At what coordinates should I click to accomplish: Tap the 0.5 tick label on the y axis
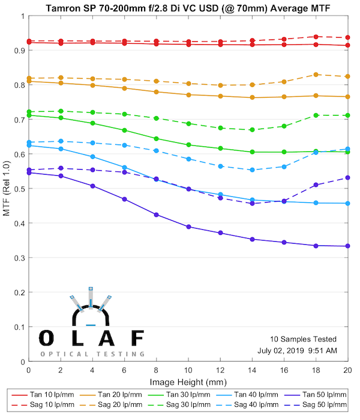coord(19,189)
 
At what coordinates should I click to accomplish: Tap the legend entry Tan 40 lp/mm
coord(256,394)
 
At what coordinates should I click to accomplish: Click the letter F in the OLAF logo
coord(137,338)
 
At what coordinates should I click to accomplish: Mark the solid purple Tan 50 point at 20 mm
coord(348,246)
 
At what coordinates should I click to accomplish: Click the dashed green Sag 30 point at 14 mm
coord(252,130)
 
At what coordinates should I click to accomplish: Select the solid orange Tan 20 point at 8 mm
coord(156,92)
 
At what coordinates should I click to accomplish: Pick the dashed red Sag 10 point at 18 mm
coord(316,37)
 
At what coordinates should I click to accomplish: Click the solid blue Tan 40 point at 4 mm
coord(92,157)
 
